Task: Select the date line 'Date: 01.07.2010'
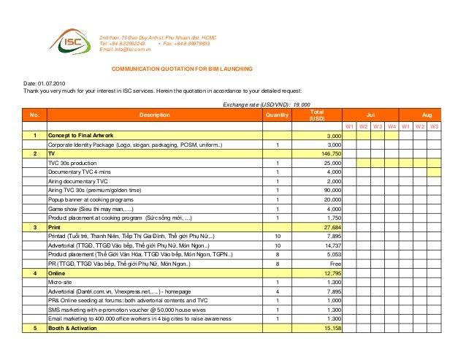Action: coord(45,84)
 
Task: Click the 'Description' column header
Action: coord(154,115)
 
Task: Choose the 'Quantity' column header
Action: coord(277,115)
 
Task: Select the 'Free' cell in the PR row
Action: coord(335,261)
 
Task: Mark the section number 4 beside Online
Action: coord(34,272)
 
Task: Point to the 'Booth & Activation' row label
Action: coord(73,327)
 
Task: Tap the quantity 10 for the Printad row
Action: coord(277,236)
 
